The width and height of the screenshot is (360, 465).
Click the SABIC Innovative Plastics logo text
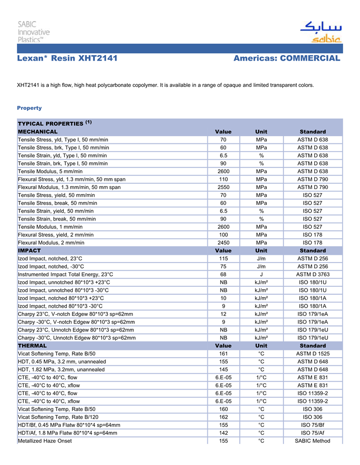34,32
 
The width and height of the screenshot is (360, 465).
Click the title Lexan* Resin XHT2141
67,59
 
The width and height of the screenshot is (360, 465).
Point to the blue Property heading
29,108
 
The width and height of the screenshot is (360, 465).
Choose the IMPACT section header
29,250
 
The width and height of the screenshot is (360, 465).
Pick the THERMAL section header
32,346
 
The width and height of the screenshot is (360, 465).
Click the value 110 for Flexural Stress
223,179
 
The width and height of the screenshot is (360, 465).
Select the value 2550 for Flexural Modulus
223,187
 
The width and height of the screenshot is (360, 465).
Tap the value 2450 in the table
223,243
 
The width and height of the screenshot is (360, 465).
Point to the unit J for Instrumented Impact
261,274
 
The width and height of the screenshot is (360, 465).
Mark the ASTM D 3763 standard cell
313,274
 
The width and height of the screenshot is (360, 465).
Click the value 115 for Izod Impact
223,258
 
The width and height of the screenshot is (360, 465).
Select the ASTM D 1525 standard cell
313,354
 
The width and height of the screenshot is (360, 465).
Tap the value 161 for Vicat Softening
223,354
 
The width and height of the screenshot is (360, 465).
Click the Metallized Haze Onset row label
45,441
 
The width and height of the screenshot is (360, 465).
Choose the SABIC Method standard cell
313,441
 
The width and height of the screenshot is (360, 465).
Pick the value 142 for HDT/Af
223,433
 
